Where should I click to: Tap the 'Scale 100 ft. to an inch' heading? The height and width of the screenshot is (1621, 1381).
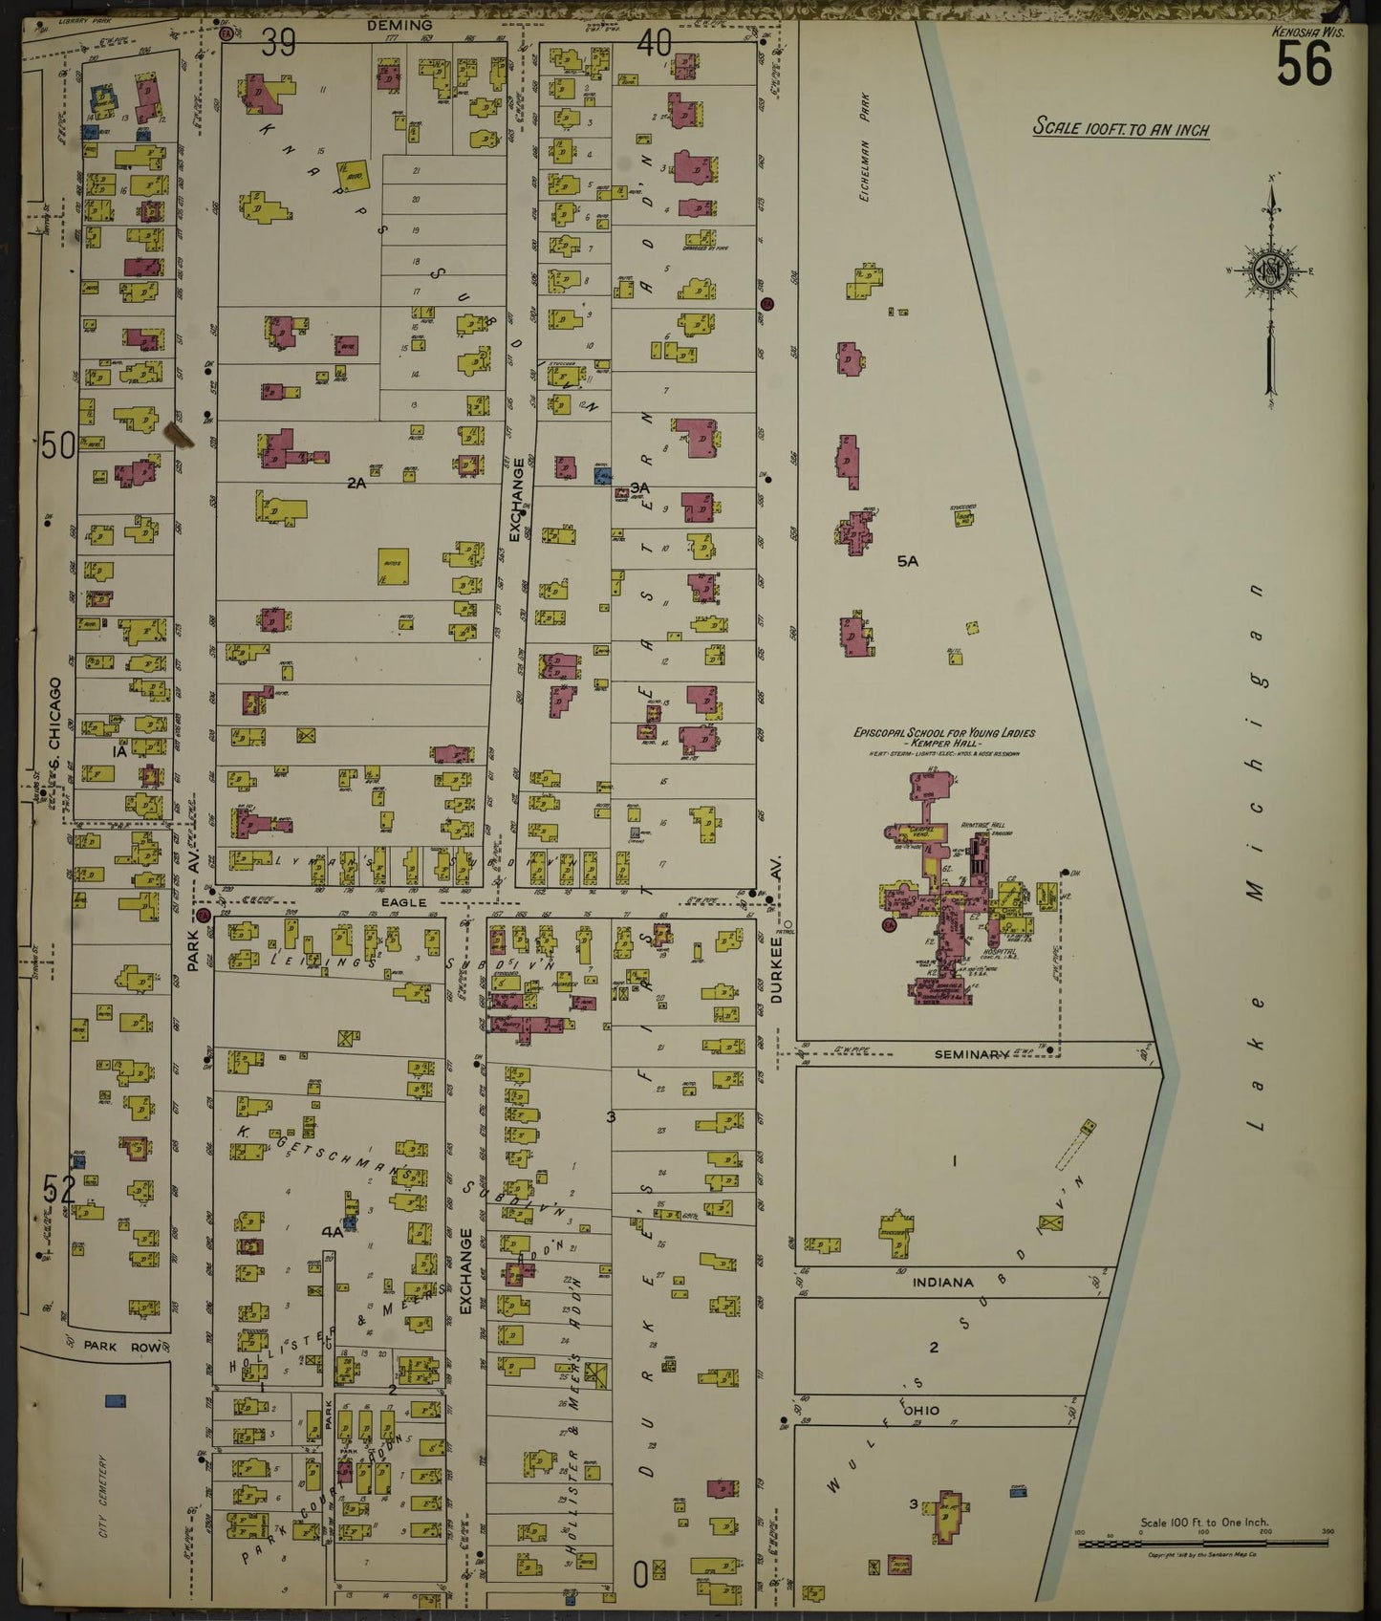click(1121, 128)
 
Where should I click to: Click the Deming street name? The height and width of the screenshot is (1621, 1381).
click(399, 26)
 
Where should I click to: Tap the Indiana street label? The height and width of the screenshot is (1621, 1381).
click(941, 1282)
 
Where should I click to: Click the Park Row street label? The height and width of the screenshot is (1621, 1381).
click(108, 1345)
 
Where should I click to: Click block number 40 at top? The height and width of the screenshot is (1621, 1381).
click(655, 42)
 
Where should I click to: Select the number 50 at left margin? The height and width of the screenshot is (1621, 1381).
click(57, 444)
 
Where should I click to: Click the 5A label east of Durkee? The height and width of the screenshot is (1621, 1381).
click(907, 561)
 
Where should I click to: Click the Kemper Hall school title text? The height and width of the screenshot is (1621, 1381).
click(943, 739)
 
